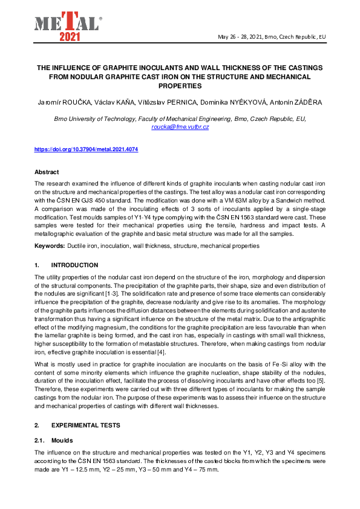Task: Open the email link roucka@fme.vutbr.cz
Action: pyautogui.click(x=180, y=127)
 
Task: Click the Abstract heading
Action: pyautogui.click(x=47, y=172)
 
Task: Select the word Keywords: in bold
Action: pyautogui.click(x=50, y=246)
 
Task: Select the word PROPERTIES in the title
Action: pyautogui.click(x=180, y=86)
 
